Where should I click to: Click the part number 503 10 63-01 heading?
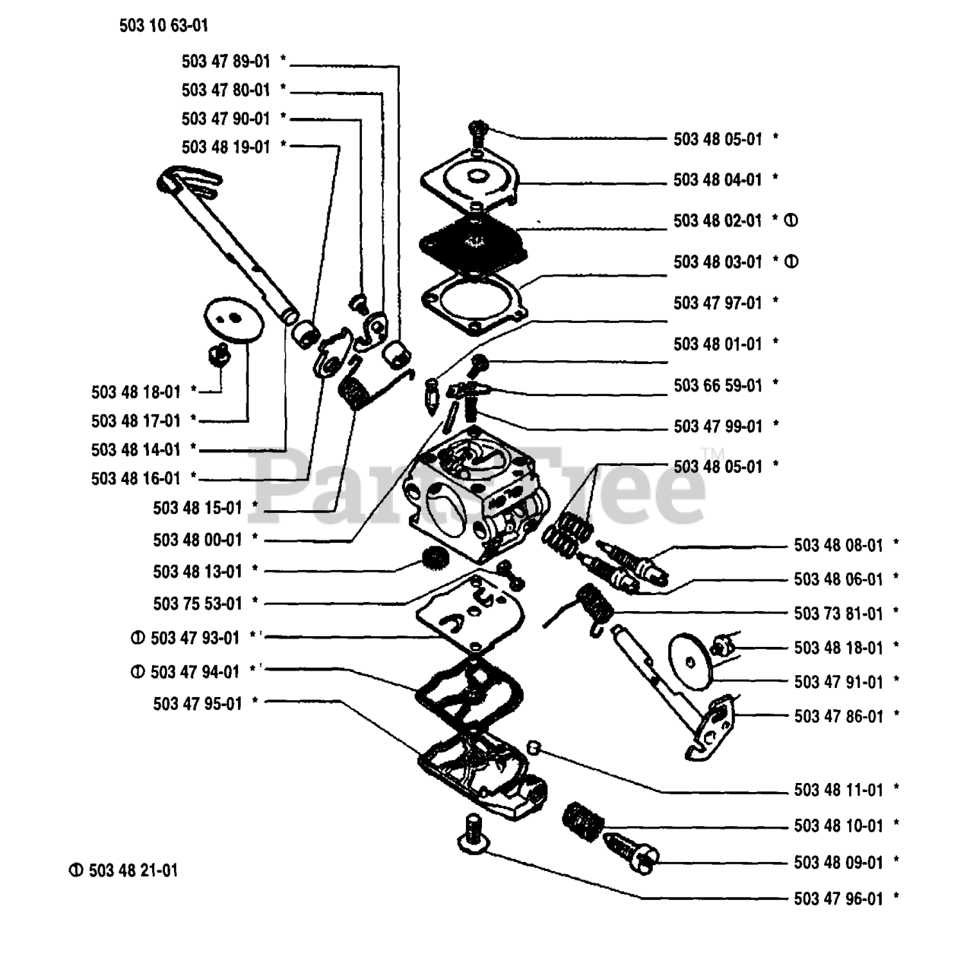(163, 26)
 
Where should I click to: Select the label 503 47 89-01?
(226, 62)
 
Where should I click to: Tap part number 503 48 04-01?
(717, 180)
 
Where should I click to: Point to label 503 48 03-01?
(717, 262)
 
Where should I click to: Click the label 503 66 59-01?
(717, 385)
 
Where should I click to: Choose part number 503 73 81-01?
(838, 613)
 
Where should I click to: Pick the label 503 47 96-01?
(838, 899)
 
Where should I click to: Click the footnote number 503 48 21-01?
(133, 870)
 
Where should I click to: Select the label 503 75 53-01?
(197, 604)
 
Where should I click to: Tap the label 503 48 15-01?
(197, 508)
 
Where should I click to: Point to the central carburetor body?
(479, 494)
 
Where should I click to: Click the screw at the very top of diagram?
(478, 131)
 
